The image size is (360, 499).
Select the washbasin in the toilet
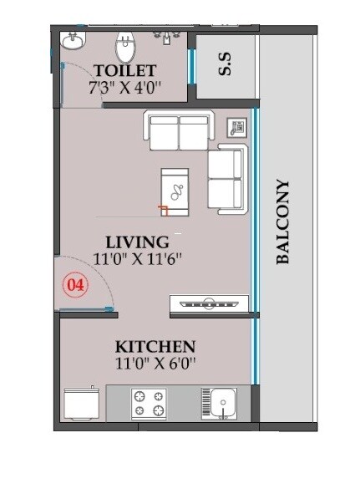tap(74, 41)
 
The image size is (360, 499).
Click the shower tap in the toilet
tap(168, 38)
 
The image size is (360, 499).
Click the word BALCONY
tap(283, 222)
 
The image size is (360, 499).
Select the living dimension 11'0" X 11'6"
tap(138, 260)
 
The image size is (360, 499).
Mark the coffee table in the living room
tap(175, 190)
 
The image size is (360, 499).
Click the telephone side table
tap(237, 128)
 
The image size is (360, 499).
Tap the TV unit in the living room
tap(208, 303)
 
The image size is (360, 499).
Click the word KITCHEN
tap(155, 346)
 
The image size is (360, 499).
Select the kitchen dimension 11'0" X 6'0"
tap(155, 364)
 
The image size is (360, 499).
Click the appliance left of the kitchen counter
tap(82, 404)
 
